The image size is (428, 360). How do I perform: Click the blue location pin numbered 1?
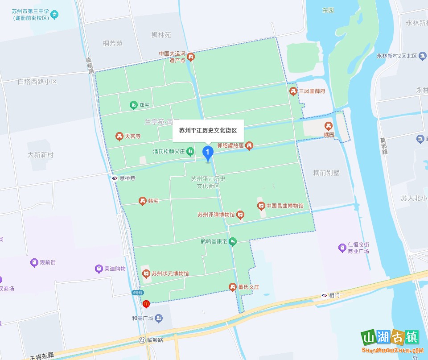[x=208, y=153]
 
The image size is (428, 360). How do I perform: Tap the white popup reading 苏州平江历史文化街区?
[x=208, y=130]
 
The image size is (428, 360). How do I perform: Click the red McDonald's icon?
[x=146, y=304]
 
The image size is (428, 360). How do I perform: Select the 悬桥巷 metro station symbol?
[x=115, y=178]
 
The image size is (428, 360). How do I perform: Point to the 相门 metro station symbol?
[x=324, y=295]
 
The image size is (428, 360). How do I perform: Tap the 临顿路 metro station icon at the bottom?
[x=142, y=340]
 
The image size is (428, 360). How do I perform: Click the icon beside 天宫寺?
[x=119, y=136]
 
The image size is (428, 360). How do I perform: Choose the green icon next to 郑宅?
[x=133, y=105]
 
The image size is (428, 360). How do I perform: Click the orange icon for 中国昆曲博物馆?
[x=261, y=206]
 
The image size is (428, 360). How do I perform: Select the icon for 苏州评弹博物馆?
[x=240, y=215]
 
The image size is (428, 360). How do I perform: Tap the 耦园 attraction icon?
[x=329, y=126]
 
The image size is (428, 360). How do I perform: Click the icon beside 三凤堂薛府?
[x=293, y=91]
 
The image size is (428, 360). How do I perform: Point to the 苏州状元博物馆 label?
[x=170, y=273]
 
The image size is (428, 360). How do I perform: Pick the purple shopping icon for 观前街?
[x=34, y=262]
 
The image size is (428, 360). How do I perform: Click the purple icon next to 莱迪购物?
[x=99, y=269]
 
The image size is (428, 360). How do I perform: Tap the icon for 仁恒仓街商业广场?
[x=342, y=247]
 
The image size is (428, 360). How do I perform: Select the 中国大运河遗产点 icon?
[x=191, y=57]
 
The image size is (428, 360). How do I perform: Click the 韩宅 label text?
[x=153, y=201]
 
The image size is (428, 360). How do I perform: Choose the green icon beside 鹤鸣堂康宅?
[x=232, y=242]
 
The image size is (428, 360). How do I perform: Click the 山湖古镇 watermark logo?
[x=390, y=342]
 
